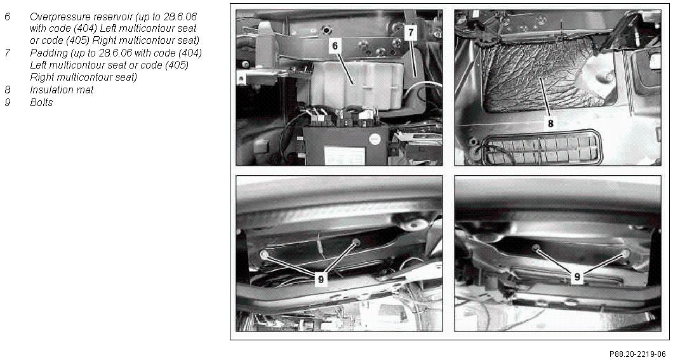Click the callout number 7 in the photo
pos(410,32)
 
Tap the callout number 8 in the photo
pos(550,123)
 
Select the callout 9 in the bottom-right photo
pos(577,277)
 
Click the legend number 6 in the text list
pos(7,17)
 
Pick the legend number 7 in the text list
pos(7,53)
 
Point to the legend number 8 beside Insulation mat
pos(7,90)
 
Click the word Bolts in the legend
pos(41,103)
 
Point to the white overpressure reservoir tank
pos(356,84)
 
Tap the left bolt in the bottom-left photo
pos(264,255)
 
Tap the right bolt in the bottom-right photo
pos(626,253)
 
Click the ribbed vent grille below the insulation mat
pos(543,148)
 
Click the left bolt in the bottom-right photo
pos(536,248)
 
